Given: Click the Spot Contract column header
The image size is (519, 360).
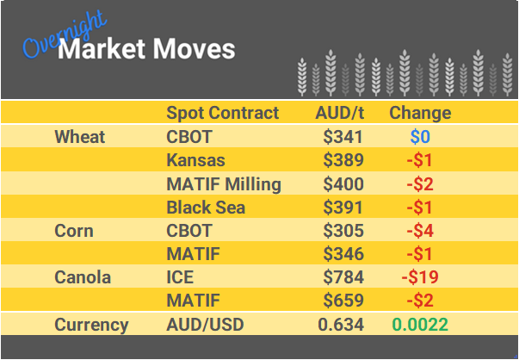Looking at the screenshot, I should click(x=222, y=113).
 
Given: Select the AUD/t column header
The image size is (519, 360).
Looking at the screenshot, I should click(x=339, y=113).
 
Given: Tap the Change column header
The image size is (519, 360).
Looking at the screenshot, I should click(x=420, y=113).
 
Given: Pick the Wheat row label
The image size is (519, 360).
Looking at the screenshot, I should click(x=79, y=137).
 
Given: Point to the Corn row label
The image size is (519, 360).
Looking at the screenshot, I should click(x=73, y=231).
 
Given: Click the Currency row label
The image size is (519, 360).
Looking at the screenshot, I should click(x=91, y=325).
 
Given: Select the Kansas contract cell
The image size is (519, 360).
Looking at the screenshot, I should click(x=195, y=160).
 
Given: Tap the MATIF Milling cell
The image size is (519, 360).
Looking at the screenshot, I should click(x=223, y=183).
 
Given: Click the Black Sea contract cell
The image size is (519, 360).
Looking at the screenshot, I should click(x=206, y=208).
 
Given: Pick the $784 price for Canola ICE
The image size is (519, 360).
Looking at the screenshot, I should click(x=343, y=278).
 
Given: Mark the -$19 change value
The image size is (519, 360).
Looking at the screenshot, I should click(x=420, y=278).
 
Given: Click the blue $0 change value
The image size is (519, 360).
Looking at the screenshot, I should click(x=420, y=137).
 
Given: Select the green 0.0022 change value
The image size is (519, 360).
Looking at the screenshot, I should click(x=420, y=325).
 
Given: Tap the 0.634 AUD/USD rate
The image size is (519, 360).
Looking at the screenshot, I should click(x=341, y=325).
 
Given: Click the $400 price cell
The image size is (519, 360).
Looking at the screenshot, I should click(x=343, y=183).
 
